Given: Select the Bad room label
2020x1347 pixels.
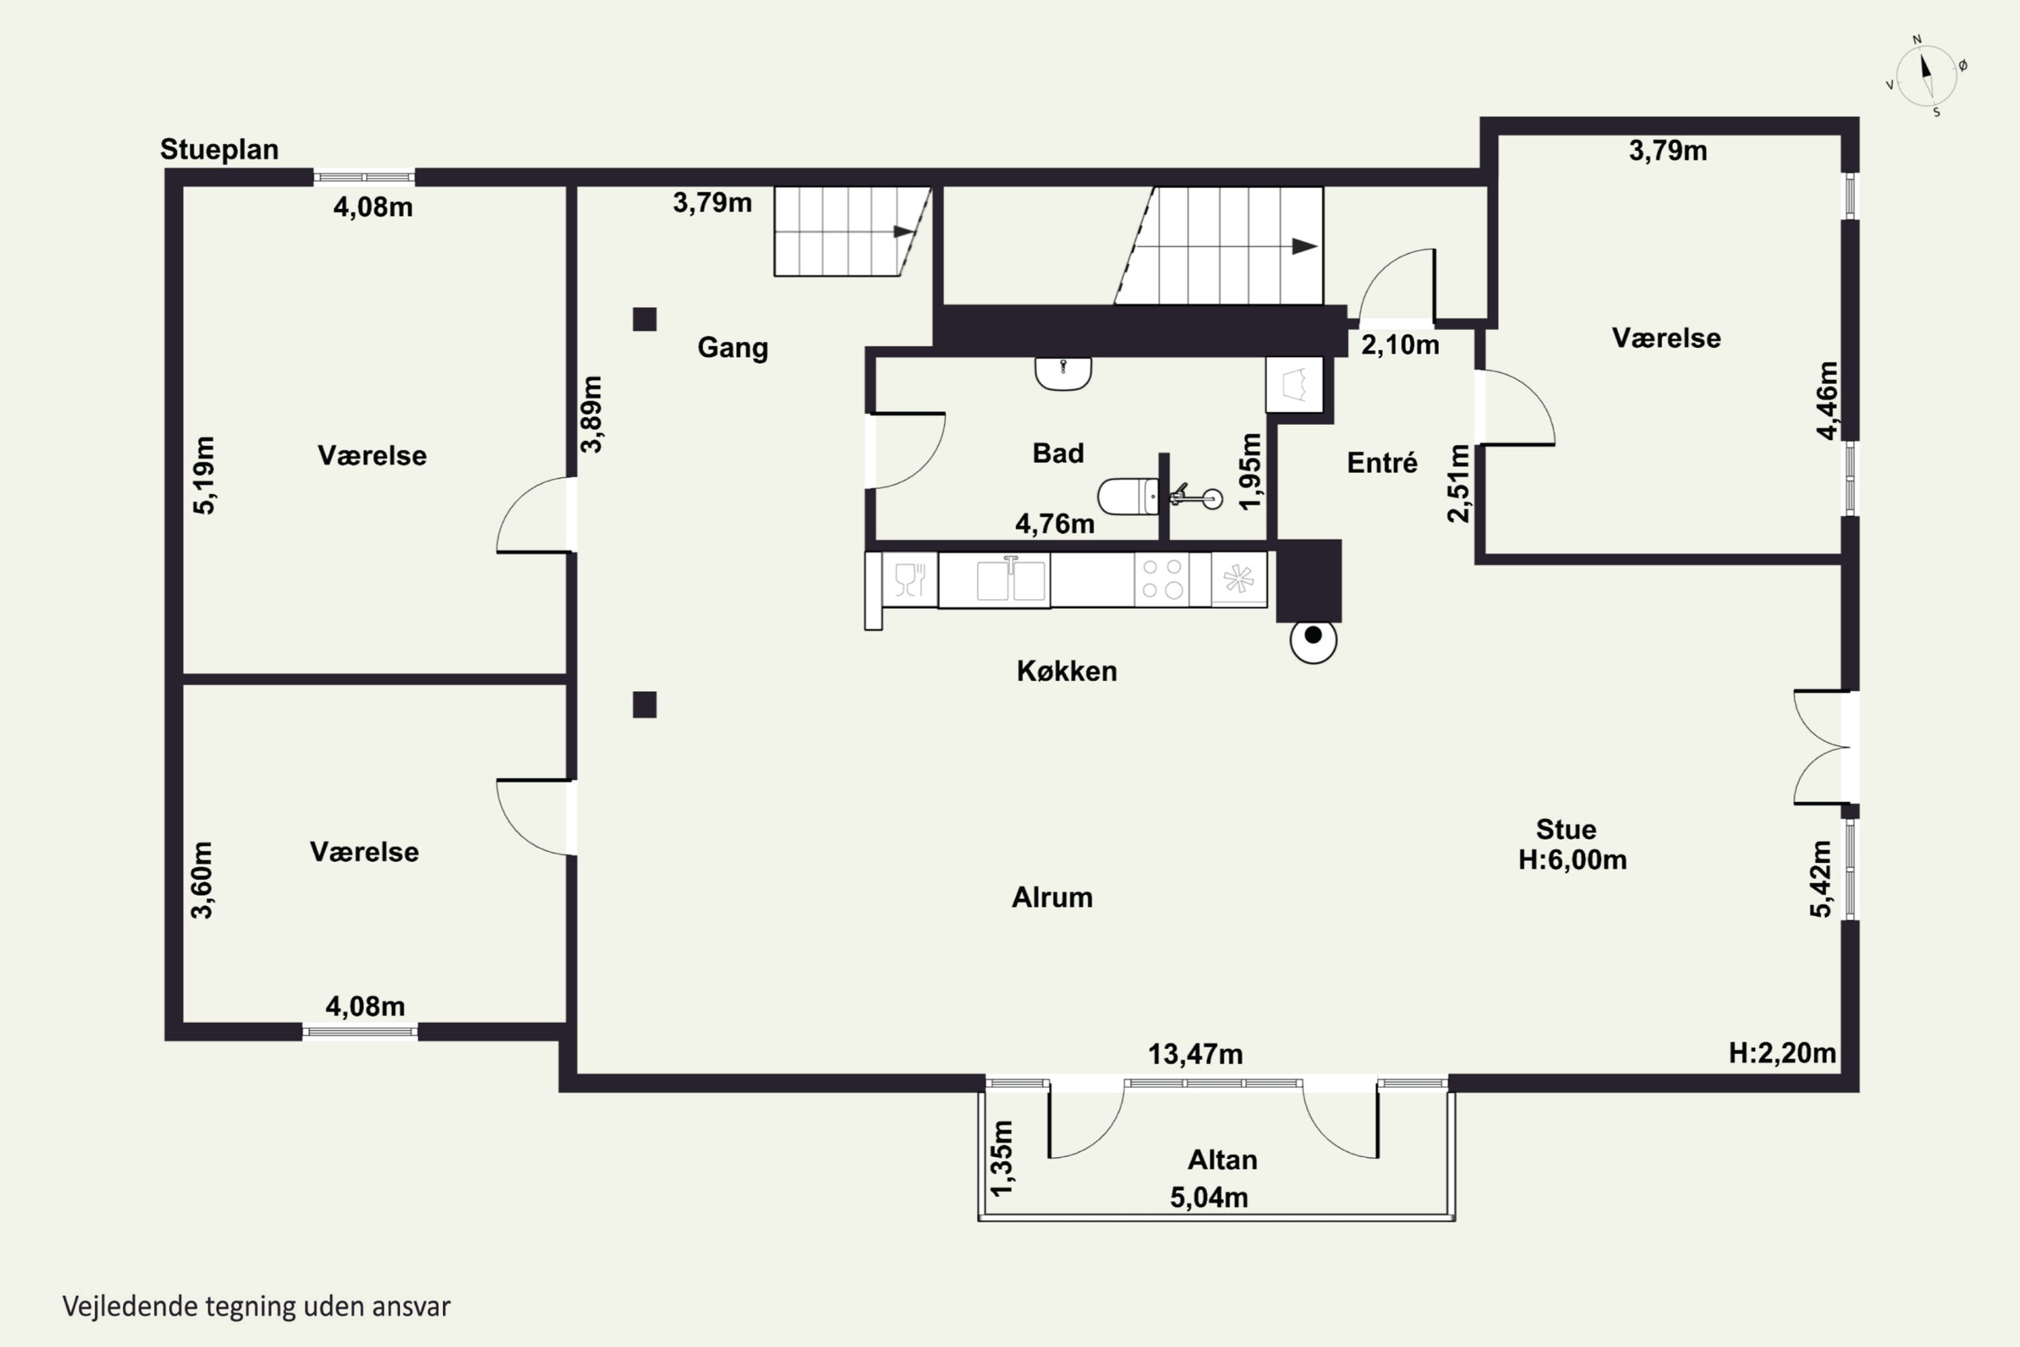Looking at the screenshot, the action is click(x=1058, y=453).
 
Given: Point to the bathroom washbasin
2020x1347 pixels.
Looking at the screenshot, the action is click(x=1063, y=373).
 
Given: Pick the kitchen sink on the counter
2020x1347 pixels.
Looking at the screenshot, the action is click(x=1011, y=580).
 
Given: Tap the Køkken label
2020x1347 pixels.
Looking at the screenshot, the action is click(x=1067, y=671).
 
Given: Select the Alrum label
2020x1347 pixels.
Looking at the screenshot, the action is click(x=1052, y=898).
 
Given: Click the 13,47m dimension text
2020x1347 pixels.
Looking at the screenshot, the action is click(x=1196, y=1054).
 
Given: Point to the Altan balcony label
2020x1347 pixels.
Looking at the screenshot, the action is click(x=1222, y=1160).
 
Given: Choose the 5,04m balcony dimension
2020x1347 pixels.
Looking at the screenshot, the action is click(x=1209, y=1197).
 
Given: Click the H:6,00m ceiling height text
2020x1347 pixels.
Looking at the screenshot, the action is click(x=1572, y=860).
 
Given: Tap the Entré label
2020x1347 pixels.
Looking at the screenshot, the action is click(x=1382, y=463).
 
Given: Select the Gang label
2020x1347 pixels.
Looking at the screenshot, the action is click(x=733, y=348).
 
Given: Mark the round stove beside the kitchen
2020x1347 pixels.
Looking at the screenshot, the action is click(x=1313, y=639).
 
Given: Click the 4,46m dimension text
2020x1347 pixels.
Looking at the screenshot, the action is click(x=1827, y=400).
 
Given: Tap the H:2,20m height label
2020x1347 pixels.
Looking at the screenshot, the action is click(x=1782, y=1053).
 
